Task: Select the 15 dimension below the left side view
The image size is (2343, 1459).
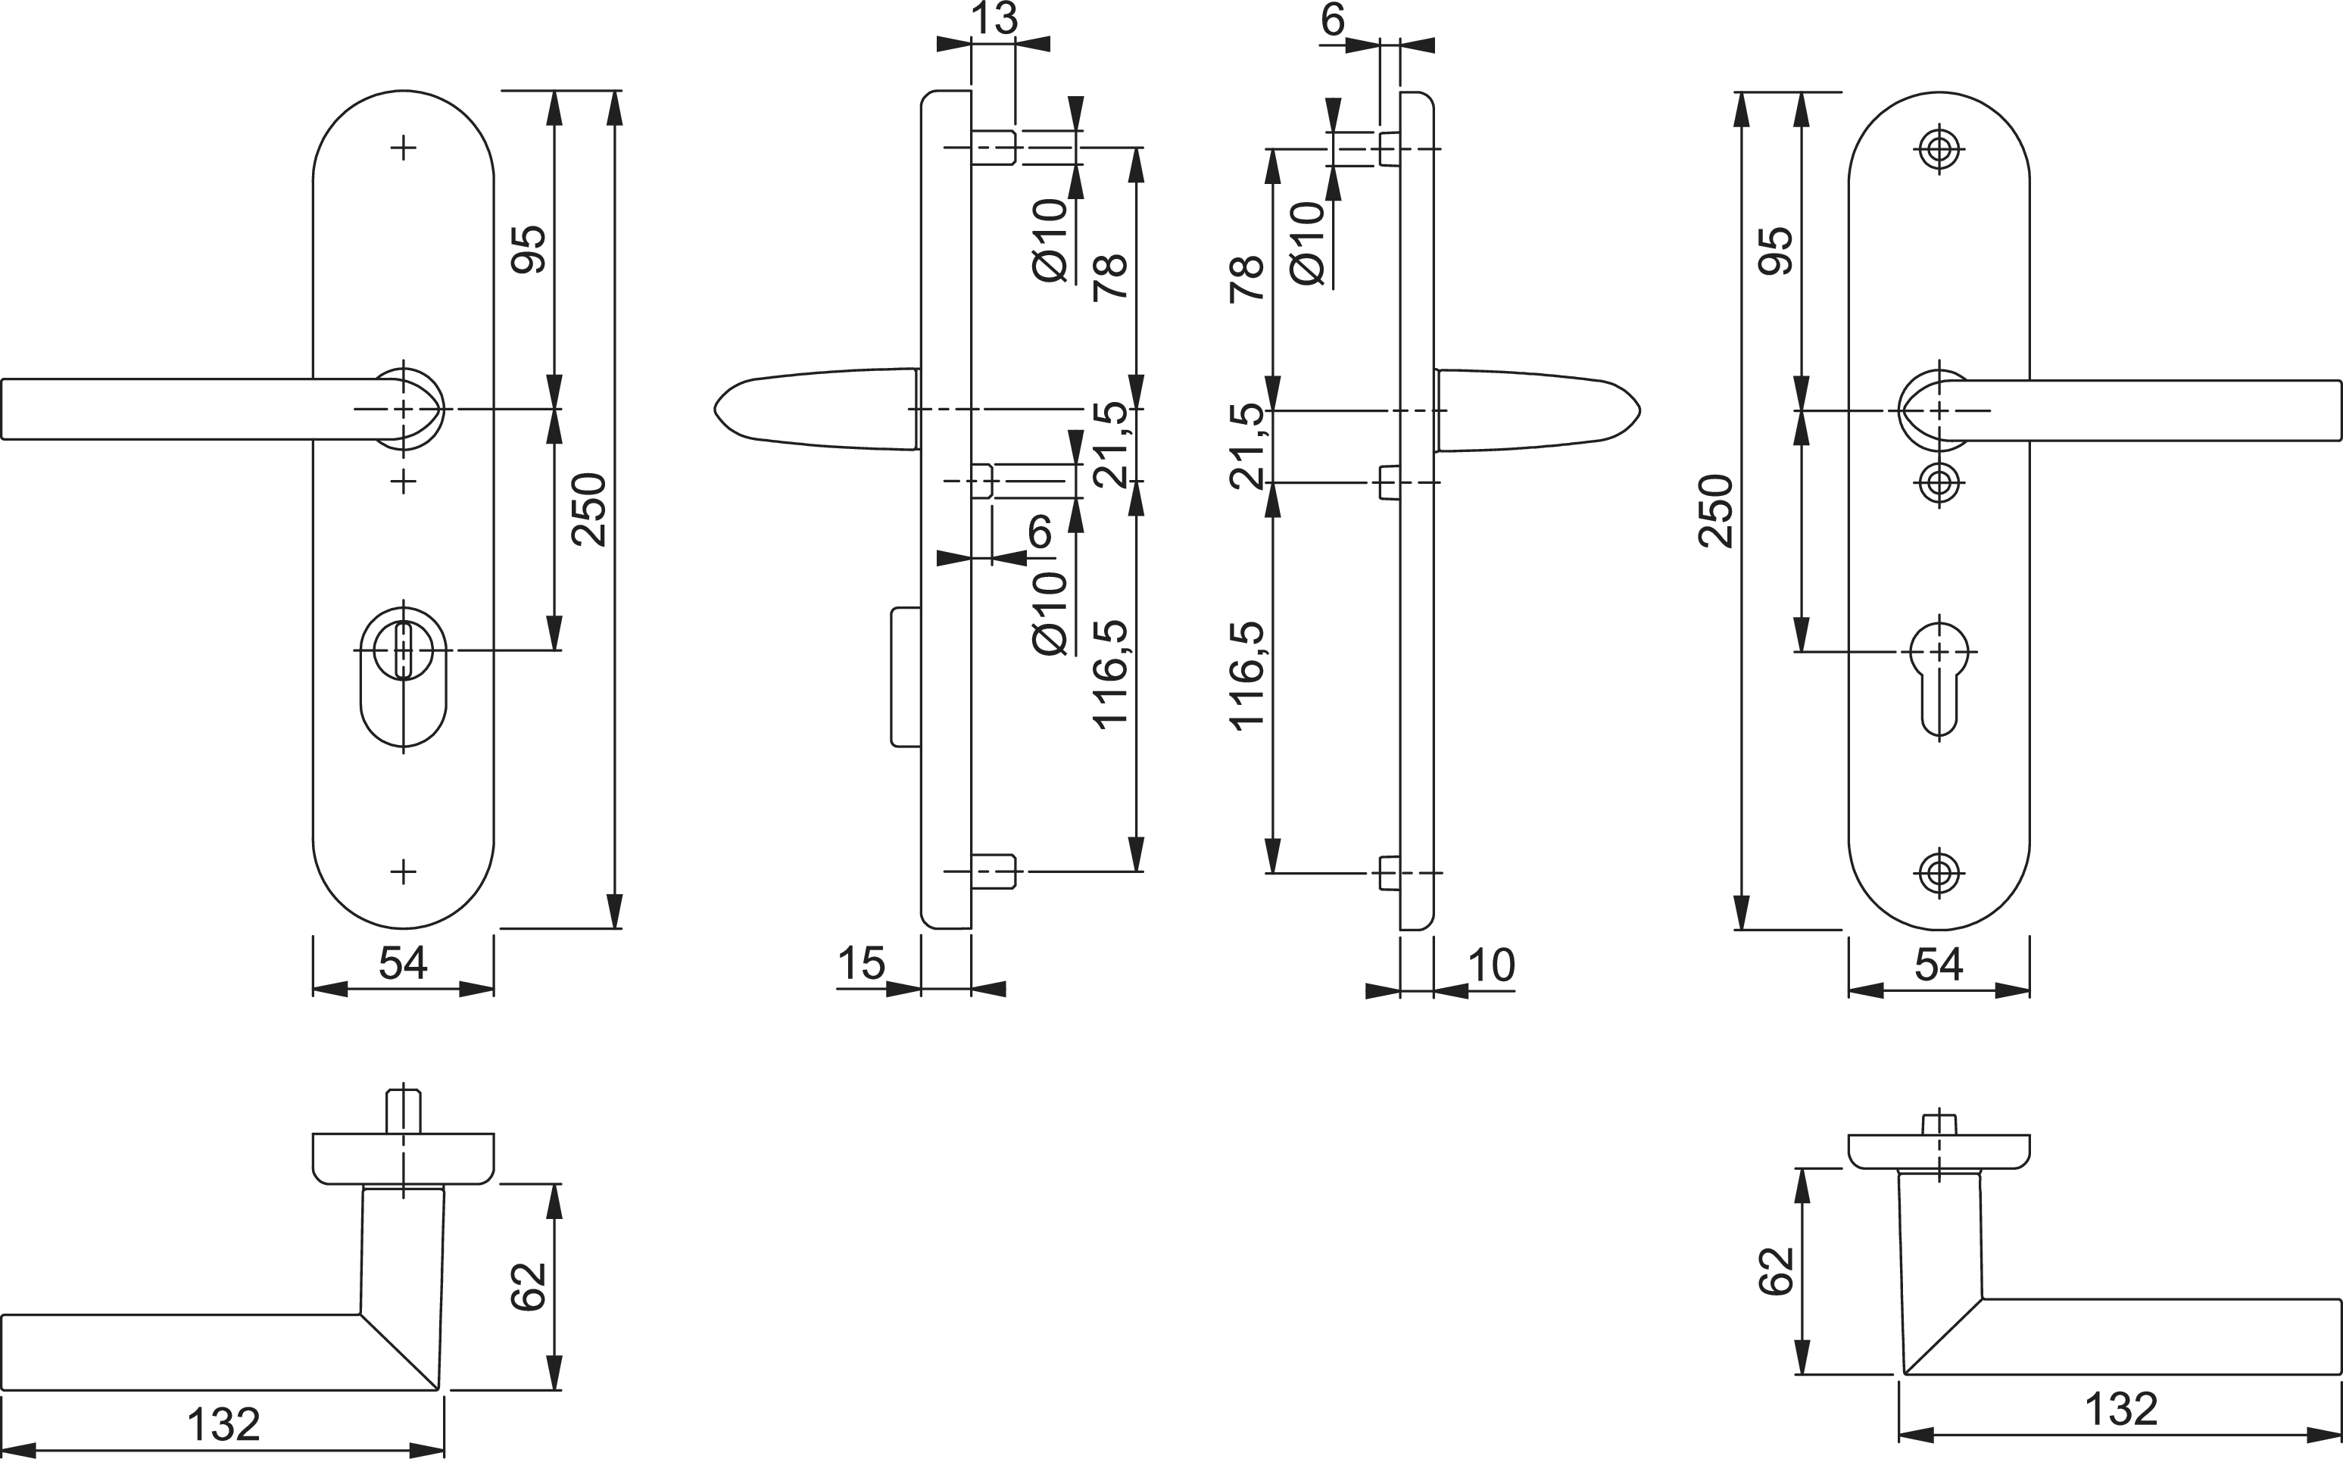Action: pos(861,962)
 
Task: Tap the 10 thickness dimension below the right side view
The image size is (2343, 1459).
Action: pos(1491,964)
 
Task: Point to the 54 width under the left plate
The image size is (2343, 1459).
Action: pos(402,962)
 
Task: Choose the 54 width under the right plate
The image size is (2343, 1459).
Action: pos(1938,964)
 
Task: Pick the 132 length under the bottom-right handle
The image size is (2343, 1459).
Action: pos(2120,1410)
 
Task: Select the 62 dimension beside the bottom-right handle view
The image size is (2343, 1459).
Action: pos(1777,1270)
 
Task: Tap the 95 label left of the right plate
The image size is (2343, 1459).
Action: pos(1777,251)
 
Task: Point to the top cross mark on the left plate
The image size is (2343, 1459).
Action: pos(404,148)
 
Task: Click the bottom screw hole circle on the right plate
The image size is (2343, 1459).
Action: pos(1939,872)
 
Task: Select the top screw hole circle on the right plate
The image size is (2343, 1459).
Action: pos(1939,150)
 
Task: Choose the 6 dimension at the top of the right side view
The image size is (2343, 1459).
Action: pos(1333,19)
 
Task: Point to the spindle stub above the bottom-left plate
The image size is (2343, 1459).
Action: pos(404,1111)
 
